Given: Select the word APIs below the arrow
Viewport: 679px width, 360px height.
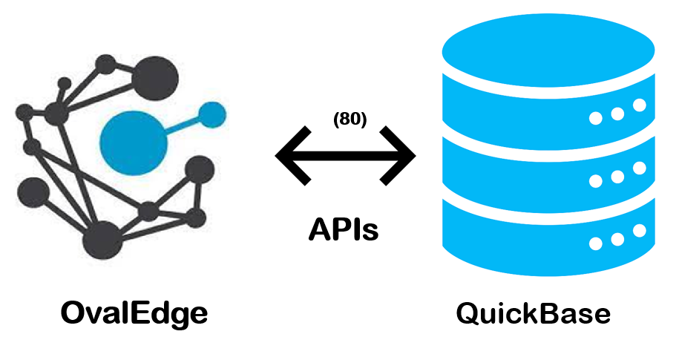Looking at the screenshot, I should coord(344,230).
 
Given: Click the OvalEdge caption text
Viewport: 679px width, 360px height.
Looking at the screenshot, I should coord(134,313).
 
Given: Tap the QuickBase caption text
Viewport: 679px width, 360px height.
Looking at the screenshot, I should coord(533,313).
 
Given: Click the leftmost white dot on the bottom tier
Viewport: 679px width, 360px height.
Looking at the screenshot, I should coord(595,243).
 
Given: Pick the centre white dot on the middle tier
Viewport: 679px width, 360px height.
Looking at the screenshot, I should coord(617,177).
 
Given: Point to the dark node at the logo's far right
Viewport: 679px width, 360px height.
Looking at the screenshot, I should coord(199,169).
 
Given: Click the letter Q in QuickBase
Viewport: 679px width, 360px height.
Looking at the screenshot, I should coord(470,313).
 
